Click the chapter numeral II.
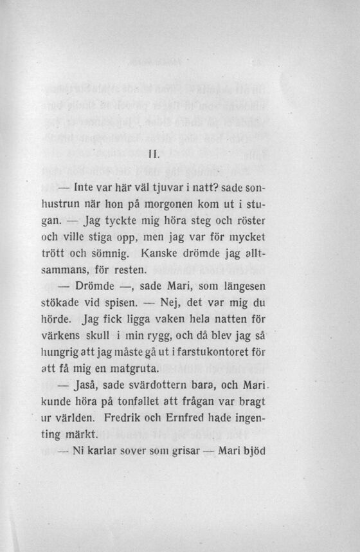click(152, 154)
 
